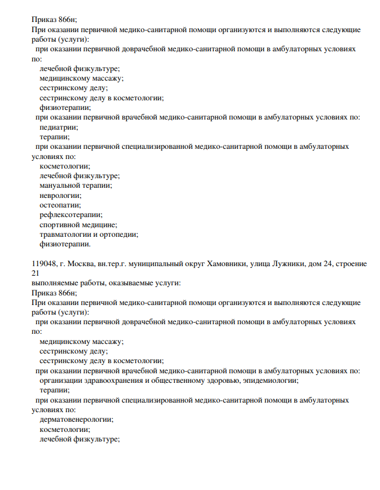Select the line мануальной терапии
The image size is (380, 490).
[76, 185]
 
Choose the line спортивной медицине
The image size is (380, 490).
[78, 224]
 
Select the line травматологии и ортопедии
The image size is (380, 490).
[89, 234]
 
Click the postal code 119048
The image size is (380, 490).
[46, 263]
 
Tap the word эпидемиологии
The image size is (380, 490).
[272, 381]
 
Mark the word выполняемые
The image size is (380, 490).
[57, 283]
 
